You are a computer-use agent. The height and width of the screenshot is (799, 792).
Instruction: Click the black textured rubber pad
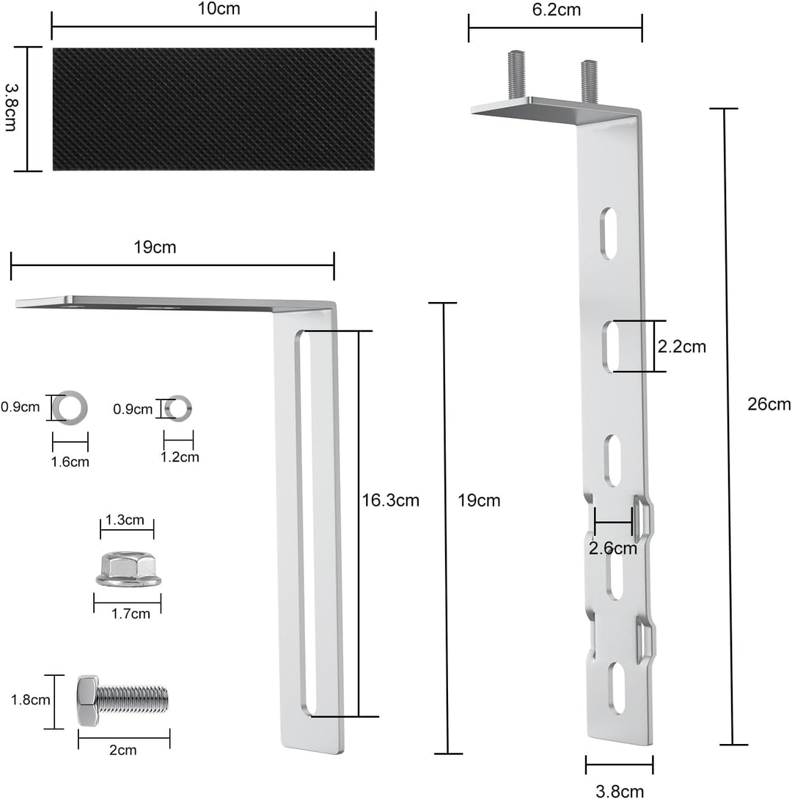213,109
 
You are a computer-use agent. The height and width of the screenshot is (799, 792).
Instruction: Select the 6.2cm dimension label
555,10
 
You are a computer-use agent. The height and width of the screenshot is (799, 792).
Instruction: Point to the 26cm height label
769,404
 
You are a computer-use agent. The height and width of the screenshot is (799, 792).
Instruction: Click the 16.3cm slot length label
390,501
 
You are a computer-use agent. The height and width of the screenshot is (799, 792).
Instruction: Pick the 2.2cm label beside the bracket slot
681,347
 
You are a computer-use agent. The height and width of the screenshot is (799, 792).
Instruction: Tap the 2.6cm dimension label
613,548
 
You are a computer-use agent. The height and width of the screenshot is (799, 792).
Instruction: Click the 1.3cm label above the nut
125,520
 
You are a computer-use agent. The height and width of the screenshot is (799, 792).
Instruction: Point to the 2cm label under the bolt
122,750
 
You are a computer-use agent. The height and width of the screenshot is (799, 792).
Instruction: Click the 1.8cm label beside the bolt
30,700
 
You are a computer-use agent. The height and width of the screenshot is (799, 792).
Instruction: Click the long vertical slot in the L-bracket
303,523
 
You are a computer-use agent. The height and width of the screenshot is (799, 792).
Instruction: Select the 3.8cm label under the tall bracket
620,790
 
